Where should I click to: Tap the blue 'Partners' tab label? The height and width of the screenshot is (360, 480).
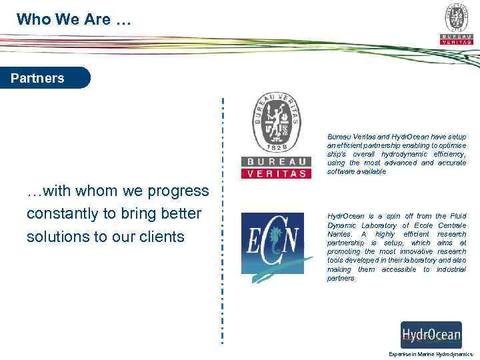38,78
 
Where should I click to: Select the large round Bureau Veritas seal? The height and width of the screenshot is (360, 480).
275,123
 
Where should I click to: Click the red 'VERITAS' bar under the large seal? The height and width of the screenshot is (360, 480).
275,173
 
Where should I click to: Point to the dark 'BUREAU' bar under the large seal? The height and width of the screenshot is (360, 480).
275,161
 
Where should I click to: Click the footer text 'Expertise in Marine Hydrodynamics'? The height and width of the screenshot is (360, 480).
431,354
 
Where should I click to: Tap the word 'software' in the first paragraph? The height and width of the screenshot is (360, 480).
341,171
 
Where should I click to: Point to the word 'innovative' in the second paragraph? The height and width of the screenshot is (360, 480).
410,252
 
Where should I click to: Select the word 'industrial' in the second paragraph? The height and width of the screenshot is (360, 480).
450,269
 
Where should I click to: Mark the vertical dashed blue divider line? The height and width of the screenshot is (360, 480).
223,220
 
